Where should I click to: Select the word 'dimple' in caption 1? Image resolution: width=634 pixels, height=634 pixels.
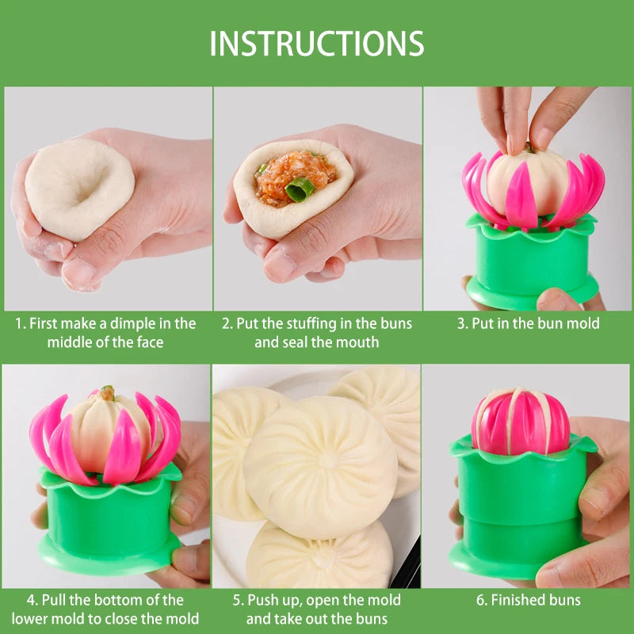pyautogui.click(x=135, y=323)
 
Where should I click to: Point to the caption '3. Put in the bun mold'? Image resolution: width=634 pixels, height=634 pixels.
pyautogui.click(x=528, y=323)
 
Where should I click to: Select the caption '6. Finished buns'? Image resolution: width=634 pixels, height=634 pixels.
pyautogui.click(x=528, y=600)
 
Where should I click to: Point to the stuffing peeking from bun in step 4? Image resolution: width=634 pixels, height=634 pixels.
pyautogui.click(x=106, y=392)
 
